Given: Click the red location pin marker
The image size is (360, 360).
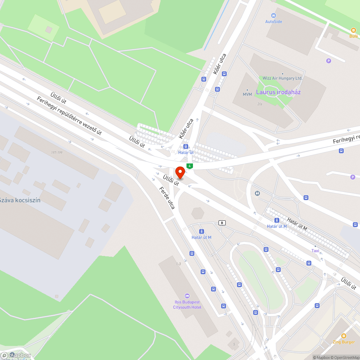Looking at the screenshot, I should [180, 172].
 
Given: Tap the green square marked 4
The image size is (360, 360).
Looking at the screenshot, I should [190, 166].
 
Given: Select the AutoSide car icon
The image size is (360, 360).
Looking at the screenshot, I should [274, 15].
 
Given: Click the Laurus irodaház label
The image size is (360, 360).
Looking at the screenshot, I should [278, 92].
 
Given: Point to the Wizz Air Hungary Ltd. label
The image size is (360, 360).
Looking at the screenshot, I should [283, 78].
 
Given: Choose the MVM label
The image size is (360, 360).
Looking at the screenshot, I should [247, 94].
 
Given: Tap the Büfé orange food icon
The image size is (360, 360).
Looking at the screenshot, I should [354, 30].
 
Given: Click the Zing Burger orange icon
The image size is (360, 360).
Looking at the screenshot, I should [343, 336].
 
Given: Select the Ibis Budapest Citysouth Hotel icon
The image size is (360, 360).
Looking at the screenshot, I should [186, 296].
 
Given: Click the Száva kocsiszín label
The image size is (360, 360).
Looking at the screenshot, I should [19, 200].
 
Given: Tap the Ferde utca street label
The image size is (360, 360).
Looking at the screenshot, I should [167, 198].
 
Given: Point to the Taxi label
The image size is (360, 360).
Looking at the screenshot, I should [315, 251].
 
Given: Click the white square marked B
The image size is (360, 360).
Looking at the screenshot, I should [222, 223].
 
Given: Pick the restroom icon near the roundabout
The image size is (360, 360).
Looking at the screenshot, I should [257, 193].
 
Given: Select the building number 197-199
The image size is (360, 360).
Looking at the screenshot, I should [57, 153].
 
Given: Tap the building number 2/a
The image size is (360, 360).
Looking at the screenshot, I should [259, 104].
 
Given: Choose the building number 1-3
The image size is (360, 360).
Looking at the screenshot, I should [178, 264].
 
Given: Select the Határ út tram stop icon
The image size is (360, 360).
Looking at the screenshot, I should [186, 147].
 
